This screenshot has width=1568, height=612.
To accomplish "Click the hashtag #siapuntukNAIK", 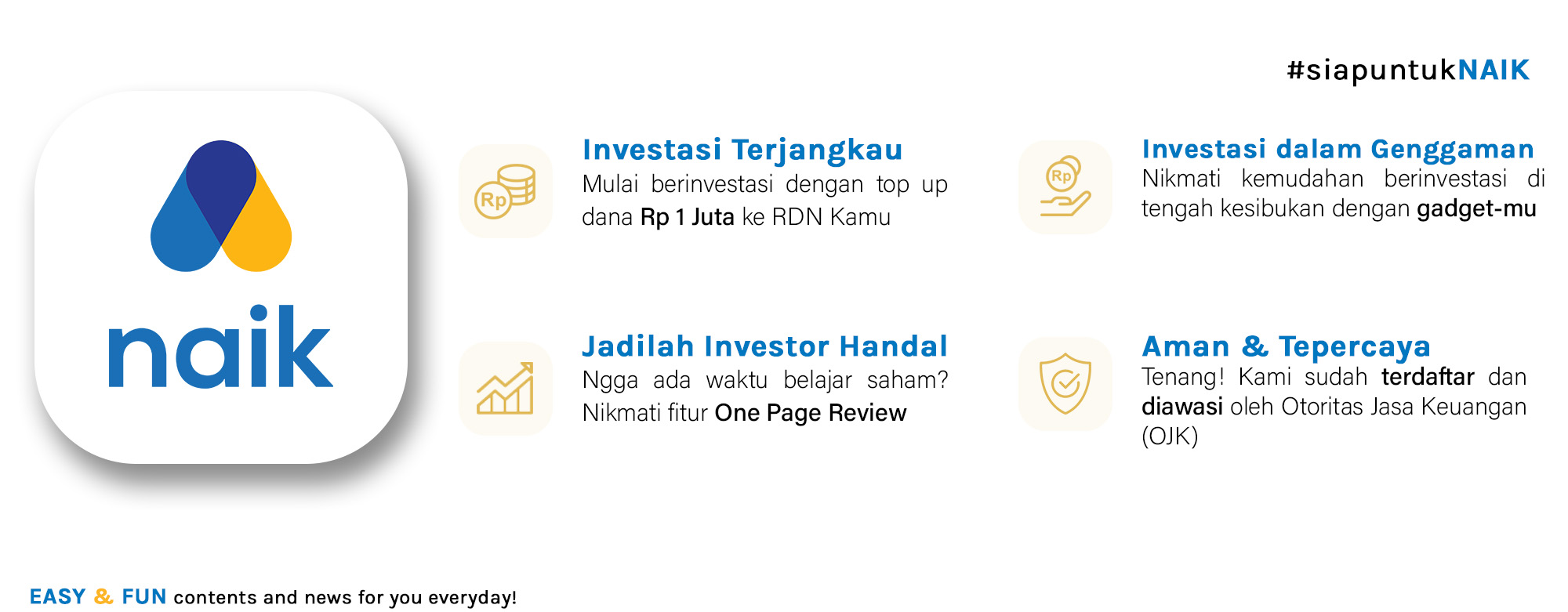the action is [1408, 71].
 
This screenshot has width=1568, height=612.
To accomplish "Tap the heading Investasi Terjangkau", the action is [742, 150].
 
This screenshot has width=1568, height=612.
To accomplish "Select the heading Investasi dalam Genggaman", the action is [1338, 149].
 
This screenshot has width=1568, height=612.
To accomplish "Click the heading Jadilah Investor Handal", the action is [764, 346].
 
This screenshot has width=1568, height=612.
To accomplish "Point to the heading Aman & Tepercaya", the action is [1286, 346].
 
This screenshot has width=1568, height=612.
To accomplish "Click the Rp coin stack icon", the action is [506, 191].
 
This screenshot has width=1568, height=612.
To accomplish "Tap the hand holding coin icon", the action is [1065, 186].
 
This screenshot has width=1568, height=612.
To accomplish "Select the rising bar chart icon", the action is [506, 388].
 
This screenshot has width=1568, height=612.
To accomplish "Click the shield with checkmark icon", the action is [1065, 383].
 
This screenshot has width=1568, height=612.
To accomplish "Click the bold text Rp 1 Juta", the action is [687, 217].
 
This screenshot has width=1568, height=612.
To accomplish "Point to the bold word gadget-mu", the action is [1476, 209].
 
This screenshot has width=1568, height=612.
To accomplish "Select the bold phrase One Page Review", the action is [811, 413].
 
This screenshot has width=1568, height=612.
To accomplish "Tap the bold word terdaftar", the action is [1428, 377].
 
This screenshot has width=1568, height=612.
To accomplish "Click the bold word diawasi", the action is [1181, 407].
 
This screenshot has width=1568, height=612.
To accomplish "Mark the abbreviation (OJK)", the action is [1170, 436].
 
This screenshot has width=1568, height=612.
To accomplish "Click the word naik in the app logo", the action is [220, 346].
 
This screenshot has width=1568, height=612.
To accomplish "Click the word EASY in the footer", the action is [57, 597].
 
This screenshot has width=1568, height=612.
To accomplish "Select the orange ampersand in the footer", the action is [103, 597].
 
